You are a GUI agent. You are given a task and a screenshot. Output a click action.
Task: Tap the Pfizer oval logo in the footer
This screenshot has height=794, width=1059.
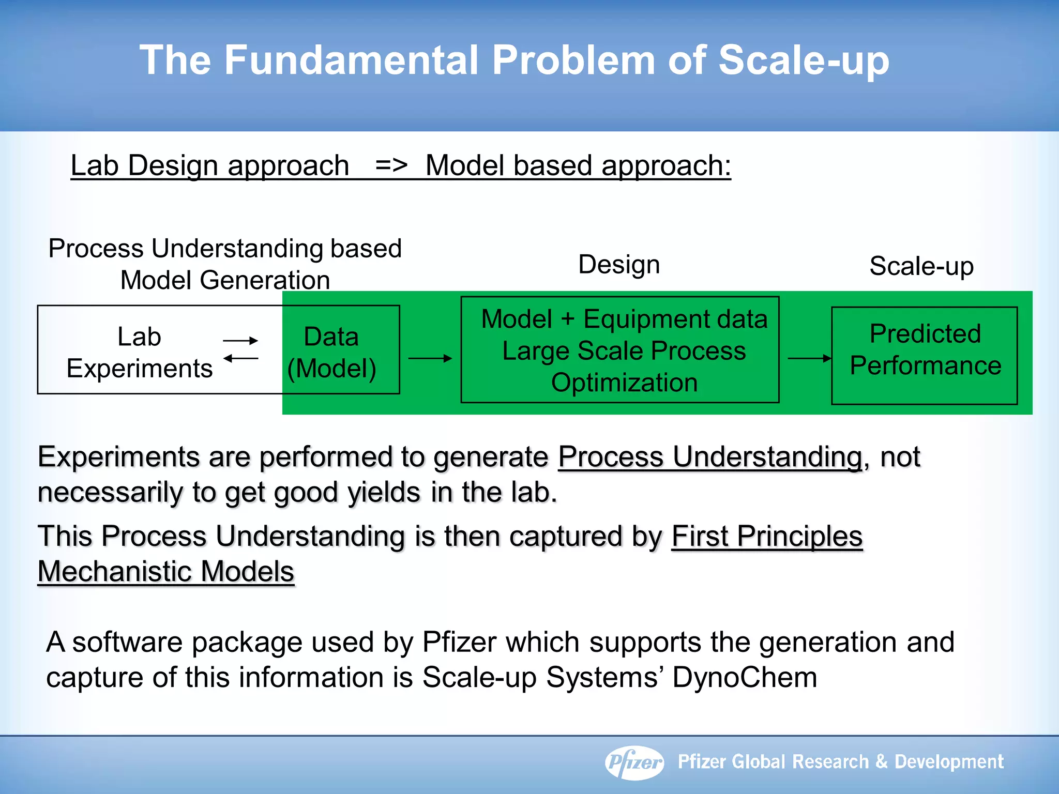pos(634,762)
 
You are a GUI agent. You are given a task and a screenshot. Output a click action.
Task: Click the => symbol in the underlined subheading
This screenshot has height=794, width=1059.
pos(391,166)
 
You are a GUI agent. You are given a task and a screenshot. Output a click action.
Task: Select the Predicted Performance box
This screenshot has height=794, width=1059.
pos(925,355)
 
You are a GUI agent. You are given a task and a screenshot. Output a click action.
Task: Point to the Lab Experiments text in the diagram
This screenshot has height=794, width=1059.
pos(140,353)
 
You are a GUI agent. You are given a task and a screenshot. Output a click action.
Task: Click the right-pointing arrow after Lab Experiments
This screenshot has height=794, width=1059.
pos(240,340)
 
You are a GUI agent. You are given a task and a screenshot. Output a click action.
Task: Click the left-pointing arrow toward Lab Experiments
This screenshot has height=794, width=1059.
pos(240,358)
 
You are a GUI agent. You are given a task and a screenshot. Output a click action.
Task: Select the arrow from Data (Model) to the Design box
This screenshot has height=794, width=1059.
pos(430,358)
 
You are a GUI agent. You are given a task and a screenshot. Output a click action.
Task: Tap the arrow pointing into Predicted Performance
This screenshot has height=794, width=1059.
pos(809,358)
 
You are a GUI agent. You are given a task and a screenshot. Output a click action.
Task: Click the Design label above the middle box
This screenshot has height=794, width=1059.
pos(619,265)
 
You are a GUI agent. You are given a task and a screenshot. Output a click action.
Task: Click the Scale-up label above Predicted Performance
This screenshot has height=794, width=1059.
pos(921,266)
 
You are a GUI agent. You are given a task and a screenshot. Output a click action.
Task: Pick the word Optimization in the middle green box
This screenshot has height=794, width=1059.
pos(624,383)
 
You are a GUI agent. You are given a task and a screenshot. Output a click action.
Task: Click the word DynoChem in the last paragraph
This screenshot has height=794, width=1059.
pos(745,677)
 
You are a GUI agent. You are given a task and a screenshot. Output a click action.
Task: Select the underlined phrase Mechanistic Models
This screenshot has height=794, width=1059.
pos(166,572)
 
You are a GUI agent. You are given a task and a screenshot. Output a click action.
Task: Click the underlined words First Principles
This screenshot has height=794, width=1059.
pos(767,536)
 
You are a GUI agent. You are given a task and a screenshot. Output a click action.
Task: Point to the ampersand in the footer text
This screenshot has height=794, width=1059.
pos(882,762)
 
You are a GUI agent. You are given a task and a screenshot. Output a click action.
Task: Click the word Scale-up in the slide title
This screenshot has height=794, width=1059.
pos(804,60)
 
